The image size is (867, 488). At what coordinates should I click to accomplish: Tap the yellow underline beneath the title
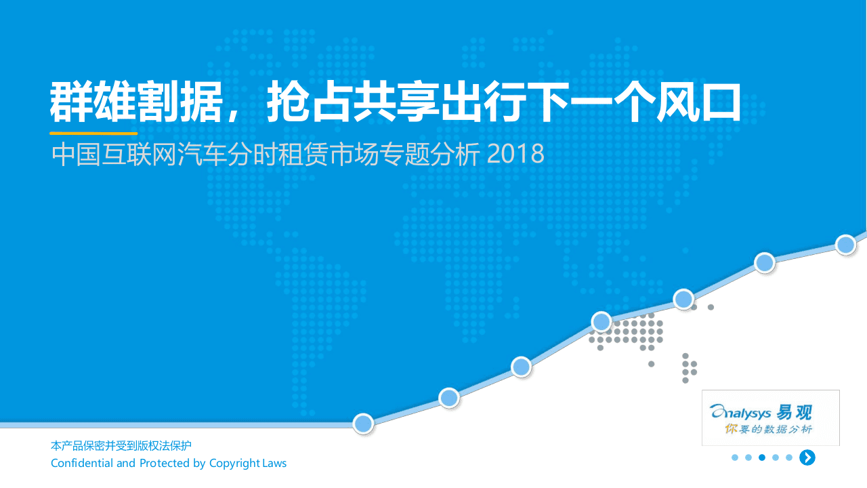[x=93, y=134]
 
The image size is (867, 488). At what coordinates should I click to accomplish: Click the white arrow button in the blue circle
[x=807, y=457]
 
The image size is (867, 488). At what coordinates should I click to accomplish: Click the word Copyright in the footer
[x=234, y=464]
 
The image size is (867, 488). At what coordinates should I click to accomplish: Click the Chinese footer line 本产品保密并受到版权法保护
[x=121, y=446]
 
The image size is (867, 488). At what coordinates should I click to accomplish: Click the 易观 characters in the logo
[x=795, y=411]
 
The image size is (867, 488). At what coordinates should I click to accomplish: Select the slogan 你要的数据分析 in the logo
[x=769, y=429]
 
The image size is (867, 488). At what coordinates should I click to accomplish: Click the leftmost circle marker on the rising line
[x=364, y=424]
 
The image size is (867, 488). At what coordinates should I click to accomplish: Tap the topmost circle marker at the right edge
[x=845, y=245]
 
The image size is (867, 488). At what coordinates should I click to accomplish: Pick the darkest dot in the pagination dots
[x=762, y=457]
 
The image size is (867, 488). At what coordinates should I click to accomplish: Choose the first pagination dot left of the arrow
[x=789, y=457]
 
